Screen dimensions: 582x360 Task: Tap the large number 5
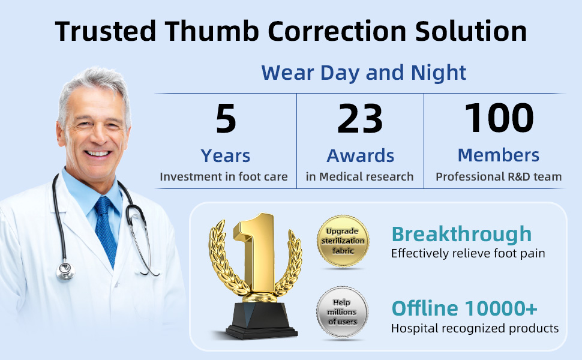(x=226, y=118)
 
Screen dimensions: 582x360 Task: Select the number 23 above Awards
(x=360, y=118)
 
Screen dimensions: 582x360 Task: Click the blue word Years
(x=226, y=155)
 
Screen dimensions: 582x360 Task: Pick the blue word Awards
(x=360, y=155)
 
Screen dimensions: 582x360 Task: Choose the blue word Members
(x=499, y=155)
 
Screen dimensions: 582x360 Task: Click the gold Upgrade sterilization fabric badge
(x=343, y=241)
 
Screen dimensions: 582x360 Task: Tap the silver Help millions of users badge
(x=342, y=312)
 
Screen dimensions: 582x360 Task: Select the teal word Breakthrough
(x=462, y=234)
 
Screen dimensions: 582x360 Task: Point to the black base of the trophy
(x=262, y=320)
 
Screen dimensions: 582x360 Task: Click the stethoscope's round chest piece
(x=65, y=271)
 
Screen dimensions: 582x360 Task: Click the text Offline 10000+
(x=464, y=308)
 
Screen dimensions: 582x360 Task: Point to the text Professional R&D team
(x=499, y=176)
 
